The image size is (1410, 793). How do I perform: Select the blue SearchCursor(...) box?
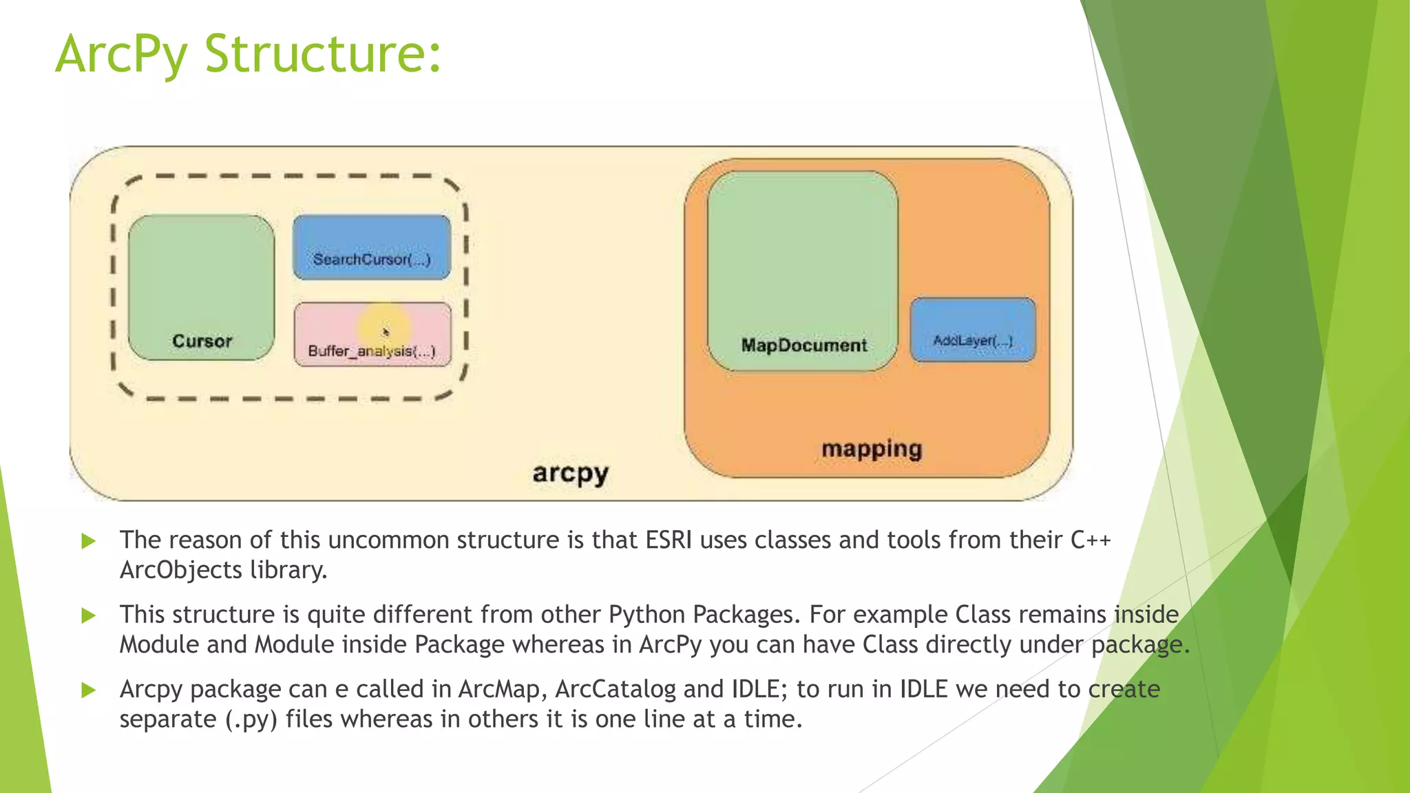[x=372, y=248]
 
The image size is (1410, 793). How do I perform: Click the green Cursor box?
[x=201, y=288]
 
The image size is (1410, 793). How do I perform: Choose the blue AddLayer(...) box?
[x=973, y=330]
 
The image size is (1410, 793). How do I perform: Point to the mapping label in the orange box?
[x=872, y=449]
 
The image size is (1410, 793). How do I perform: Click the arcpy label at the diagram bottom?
[x=571, y=474]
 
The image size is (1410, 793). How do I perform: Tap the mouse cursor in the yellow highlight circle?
[x=386, y=332]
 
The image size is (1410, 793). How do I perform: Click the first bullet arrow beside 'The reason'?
[x=88, y=541]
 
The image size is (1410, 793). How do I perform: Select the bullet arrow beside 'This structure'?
[x=88, y=615]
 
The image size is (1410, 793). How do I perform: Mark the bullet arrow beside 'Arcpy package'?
[x=88, y=690]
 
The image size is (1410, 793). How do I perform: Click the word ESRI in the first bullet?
[x=669, y=540]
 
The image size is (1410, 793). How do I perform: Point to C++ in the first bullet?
[x=1091, y=540]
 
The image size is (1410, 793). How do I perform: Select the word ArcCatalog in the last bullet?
[x=615, y=689]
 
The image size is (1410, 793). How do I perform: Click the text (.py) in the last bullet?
[x=251, y=720]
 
